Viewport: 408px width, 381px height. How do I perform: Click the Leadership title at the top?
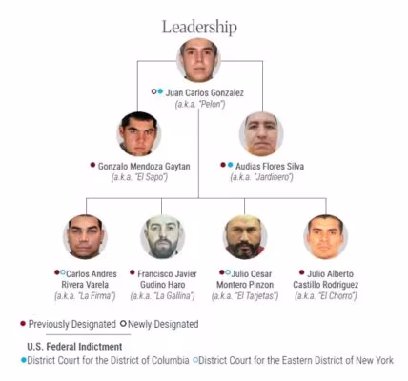point(199,28)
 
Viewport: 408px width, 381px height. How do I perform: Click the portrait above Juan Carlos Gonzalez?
point(199,60)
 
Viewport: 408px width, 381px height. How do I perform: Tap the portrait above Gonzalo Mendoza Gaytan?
point(139,134)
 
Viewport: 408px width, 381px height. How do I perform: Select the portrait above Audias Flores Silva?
point(261,134)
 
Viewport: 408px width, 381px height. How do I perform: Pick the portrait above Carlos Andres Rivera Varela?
point(85,237)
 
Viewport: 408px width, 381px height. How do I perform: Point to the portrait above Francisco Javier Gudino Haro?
point(163,237)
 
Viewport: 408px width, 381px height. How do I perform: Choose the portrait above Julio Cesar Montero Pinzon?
point(245,237)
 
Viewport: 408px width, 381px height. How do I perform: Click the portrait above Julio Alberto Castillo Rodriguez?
point(326,237)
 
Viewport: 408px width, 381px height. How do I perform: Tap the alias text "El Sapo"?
point(151,177)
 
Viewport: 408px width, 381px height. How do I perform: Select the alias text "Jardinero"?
point(274,177)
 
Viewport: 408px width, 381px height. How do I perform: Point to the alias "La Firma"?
point(97,296)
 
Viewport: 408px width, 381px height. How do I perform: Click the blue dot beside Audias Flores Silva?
point(231,165)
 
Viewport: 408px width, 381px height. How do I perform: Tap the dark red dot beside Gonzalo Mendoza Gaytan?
point(92,165)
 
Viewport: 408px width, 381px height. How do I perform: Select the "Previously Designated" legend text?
point(72,324)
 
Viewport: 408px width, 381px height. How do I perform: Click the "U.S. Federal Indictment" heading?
point(74,347)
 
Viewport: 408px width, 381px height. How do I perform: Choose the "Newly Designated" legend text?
point(163,324)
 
